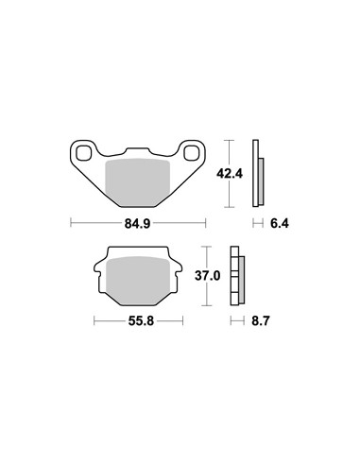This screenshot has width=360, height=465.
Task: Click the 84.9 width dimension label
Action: tap(137, 223)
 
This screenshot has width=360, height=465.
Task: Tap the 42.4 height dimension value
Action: tap(230, 173)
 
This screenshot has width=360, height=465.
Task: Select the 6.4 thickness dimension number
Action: tap(280, 223)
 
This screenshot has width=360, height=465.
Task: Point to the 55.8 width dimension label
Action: tap(141, 321)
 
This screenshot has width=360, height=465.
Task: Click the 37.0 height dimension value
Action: tap(207, 276)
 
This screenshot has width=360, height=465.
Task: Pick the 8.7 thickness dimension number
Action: tap(261, 321)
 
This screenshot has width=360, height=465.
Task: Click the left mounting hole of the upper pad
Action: tap(83, 153)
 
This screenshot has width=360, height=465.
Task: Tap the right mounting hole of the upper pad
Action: tap(192, 153)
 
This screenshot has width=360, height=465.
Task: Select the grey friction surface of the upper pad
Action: tap(137, 182)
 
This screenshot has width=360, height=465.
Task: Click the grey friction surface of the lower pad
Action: tap(139, 280)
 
